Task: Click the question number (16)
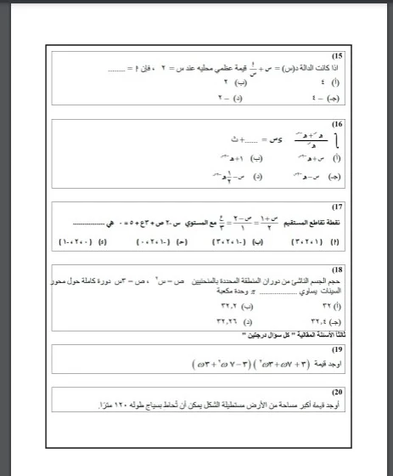pos(338,124)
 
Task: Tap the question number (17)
pos(338,207)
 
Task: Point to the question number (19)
pos(338,349)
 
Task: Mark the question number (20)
pos(338,393)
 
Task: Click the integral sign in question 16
pos(340,139)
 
